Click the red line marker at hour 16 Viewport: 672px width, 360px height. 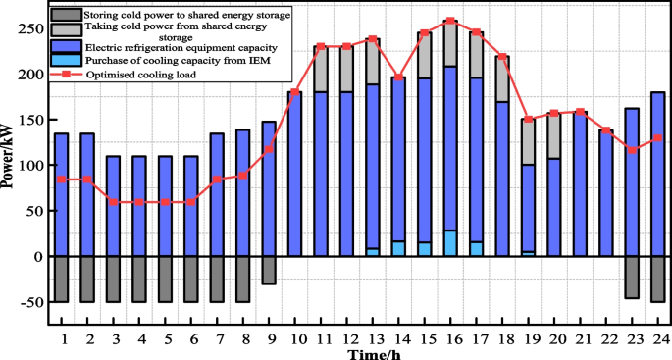click(x=450, y=21)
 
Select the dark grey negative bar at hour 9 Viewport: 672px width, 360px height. click(x=269, y=271)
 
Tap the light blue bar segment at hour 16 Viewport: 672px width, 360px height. click(x=450, y=243)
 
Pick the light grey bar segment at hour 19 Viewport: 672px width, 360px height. click(x=528, y=142)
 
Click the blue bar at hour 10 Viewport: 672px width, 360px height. click(x=294, y=174)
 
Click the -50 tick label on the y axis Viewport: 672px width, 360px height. click(x=27, y=302)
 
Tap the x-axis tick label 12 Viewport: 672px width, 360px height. click(x=346, y=338)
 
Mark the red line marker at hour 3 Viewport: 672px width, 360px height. click(x=113, y=202)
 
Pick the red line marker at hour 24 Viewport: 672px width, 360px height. click(x=657, y=138)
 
